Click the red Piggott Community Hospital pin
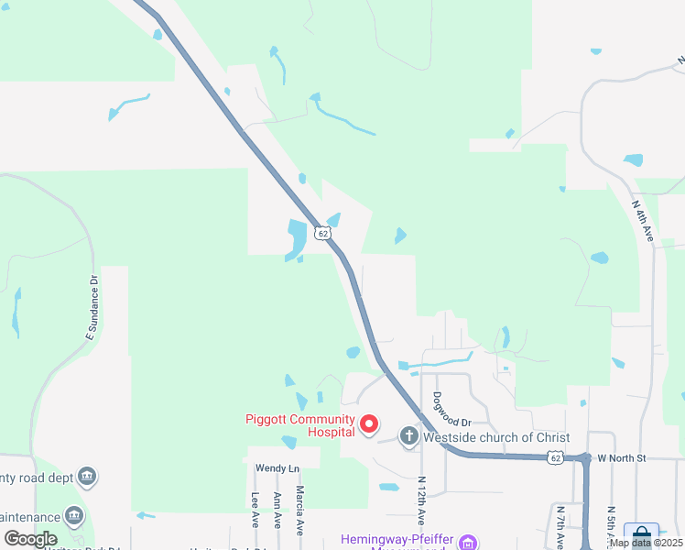click(369, 424)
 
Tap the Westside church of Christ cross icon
click(408, 436)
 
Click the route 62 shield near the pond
click(322, 233)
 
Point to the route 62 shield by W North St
click(556, 456)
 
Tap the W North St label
click(622, 457)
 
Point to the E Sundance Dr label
click(92, 307)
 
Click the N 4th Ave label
click(642, 223)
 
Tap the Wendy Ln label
click(277, 468)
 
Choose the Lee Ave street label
click(255, 511)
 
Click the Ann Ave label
click(277, 511)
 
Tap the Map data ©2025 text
click(646, 543)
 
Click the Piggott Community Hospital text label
click(299, 425)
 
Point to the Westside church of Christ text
click(496, 437)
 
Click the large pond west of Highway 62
click(298, 238)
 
